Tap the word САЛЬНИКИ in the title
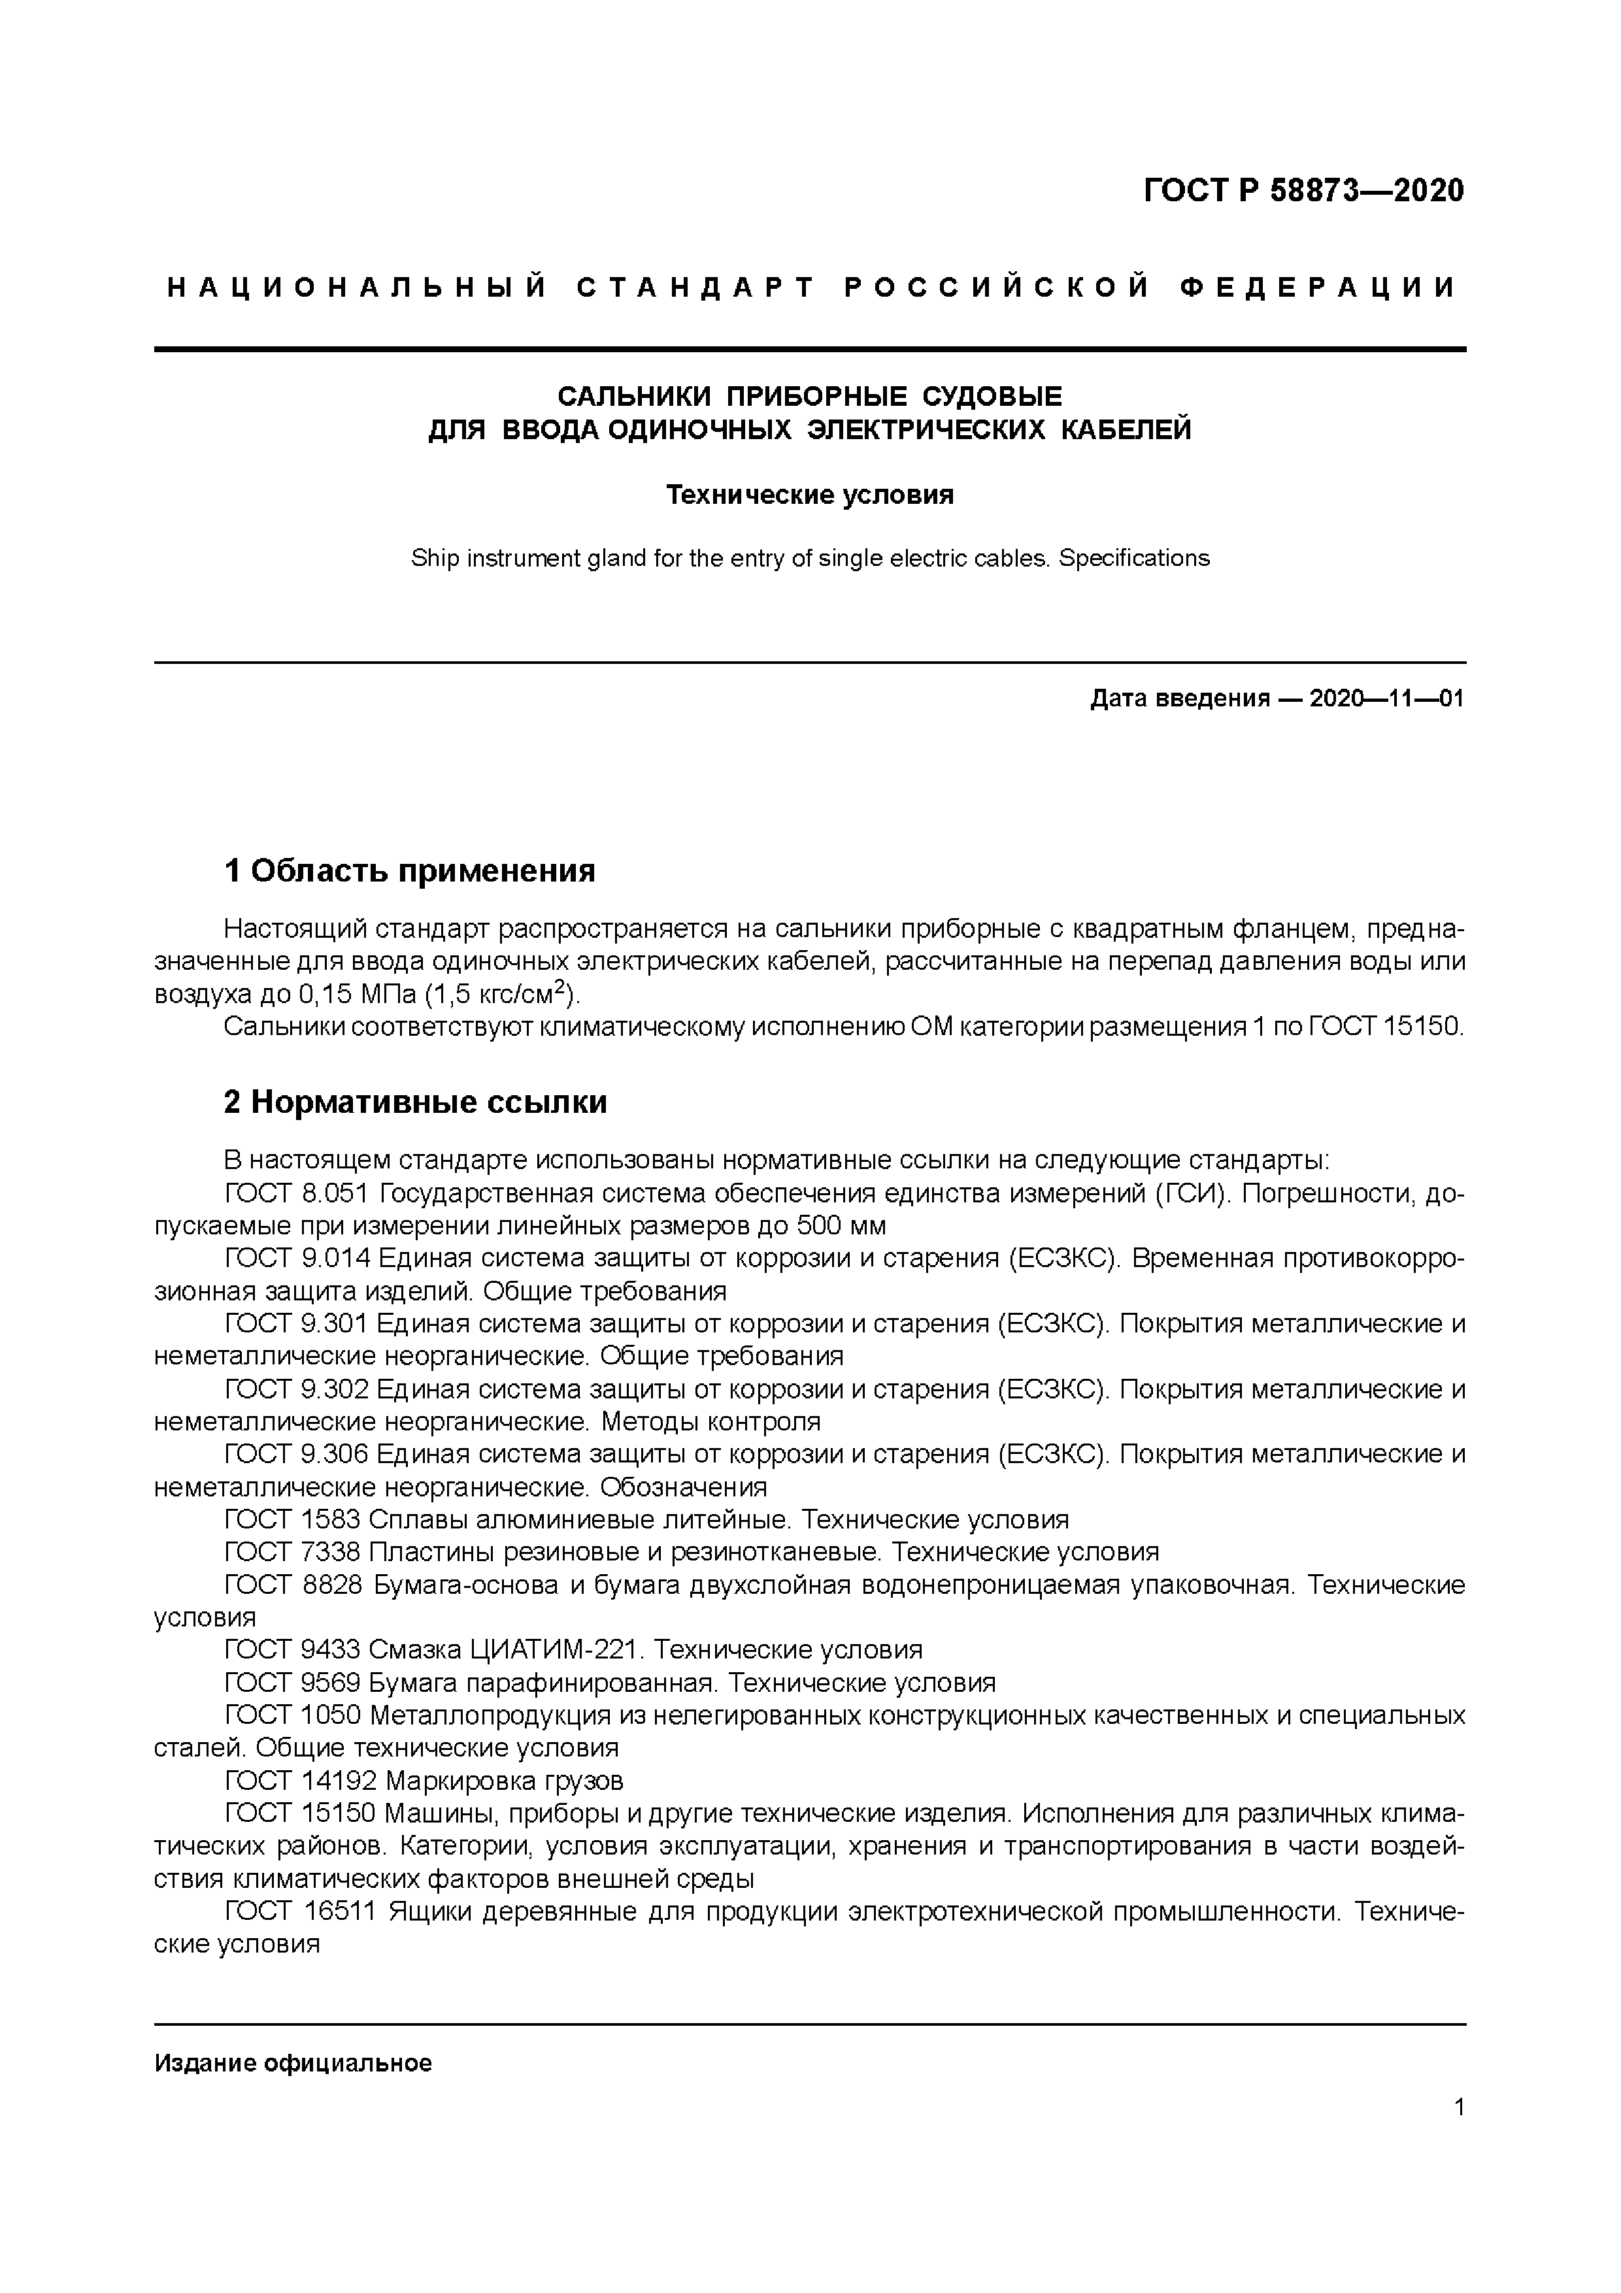tap(633, 397)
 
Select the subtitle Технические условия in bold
tap(810, 495)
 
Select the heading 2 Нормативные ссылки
tap(416, 1102)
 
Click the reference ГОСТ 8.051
tap(297, 1193)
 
